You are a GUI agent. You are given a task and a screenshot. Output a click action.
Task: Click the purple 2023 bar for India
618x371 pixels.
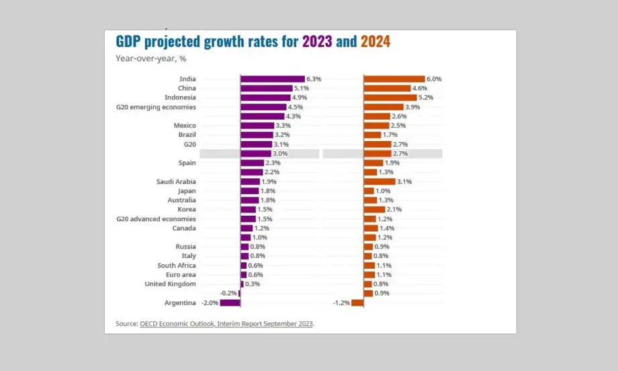pos(272,79)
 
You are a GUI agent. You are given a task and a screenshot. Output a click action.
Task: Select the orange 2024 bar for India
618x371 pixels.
pos(394,79)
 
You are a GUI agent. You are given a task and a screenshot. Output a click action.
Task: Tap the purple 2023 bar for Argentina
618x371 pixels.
pos(230,302)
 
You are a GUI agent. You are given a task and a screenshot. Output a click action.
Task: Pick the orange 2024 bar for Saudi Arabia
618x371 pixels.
pos(380,181)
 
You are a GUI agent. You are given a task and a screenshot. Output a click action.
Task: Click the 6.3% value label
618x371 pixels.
pos(314,79)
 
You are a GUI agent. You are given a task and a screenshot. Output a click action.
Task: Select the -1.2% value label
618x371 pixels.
pos(341,302)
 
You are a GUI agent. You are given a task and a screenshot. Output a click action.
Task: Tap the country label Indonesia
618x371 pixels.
pos(181,97)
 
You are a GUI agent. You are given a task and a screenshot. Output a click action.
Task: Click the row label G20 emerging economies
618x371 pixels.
pos(157,107)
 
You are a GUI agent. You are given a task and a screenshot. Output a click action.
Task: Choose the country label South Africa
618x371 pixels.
pos(177,265)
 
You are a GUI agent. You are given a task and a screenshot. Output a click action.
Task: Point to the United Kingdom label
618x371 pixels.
pos(171,284)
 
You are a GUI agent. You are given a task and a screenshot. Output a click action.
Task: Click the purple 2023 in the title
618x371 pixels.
pos(317,42)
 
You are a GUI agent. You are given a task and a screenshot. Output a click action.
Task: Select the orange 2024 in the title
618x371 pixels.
pos(376,42)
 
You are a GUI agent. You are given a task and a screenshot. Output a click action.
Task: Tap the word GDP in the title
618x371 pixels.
pos(130,42)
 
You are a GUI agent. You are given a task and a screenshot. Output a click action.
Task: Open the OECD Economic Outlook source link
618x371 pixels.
pos(227,324)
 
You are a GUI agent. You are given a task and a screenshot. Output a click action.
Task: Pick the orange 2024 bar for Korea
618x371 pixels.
pos(374,210)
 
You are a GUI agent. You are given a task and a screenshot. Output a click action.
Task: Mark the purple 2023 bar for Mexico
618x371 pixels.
pos(257,126)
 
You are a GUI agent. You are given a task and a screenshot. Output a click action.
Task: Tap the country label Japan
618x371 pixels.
pos(186,191)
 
